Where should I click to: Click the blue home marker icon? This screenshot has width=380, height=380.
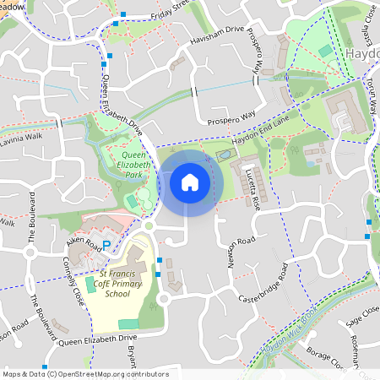point(190,182)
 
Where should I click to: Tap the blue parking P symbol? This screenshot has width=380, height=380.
point(106,245)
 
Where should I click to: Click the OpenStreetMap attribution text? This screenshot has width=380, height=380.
point(84,374)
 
